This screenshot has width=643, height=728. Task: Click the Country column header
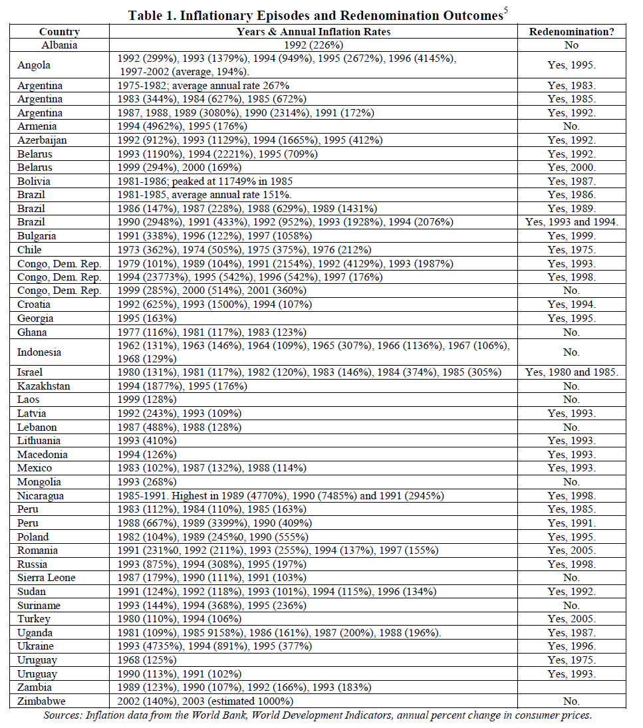pyautogui.click(x=59, y=31)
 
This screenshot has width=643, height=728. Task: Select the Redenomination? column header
pyautogui.click(x=571, y=31)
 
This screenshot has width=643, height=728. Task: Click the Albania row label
pyautogui.click(x=59, y=45)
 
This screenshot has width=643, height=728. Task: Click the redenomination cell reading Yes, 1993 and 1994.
pyautogui.click(x=571, y=222)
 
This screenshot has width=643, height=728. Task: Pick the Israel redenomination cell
pyautogui.click(x=571, y=372)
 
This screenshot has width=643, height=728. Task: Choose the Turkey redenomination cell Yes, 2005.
pyautogui.click(x=571, y=618)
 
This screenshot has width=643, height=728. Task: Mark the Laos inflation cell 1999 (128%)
pyautogui.click(x=147, y=400)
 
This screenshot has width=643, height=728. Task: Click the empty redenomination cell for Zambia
pyautogui.click(x=571, y=687)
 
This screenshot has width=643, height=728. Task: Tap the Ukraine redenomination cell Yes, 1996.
pyautogui.click(x=571, y=646)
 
